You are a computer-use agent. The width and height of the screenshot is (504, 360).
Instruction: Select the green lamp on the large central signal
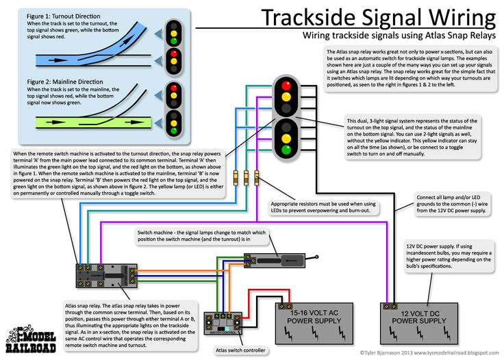coord(285,149)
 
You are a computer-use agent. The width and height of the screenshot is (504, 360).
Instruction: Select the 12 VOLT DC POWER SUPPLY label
coord(423,316)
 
